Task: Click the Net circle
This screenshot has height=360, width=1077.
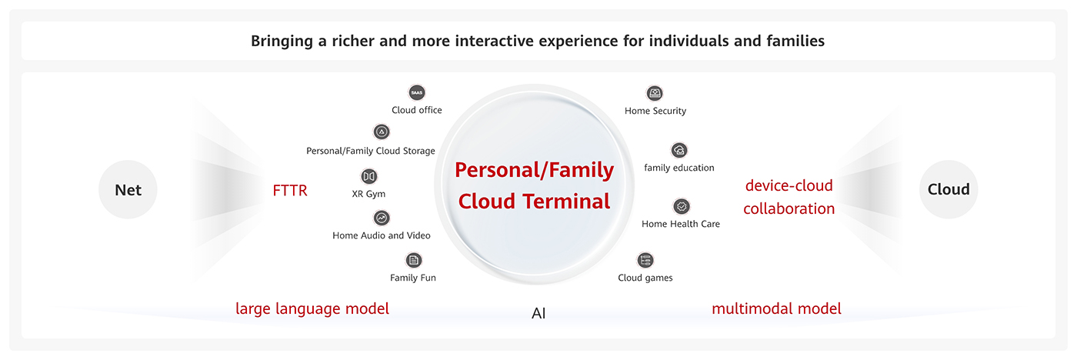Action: (x=128, y=189)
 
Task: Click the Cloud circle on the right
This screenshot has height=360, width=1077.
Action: (x=948, y=189)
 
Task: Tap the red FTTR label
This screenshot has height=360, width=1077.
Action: (x=290, y=190)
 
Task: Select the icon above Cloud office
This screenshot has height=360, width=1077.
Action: (x=417, y=92)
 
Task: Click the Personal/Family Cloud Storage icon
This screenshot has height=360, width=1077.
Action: (x=382, y=132)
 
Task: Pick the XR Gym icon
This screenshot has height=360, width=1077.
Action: (x=368, y=176)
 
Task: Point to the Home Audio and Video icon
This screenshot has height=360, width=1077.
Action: (x=382, y=218)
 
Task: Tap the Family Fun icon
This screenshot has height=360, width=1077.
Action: (x=414, y=260)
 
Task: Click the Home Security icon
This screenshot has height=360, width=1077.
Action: (x=655, y=93)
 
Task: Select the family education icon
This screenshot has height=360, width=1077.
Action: (x=679, y=151)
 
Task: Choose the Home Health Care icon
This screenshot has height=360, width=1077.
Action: (x=682, y=207)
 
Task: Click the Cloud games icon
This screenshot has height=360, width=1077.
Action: (x=645, y=260)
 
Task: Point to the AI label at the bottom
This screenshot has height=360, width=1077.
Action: (x=538, y=313)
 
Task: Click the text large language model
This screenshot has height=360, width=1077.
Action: (x=312, y=308)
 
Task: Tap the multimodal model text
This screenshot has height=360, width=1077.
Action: (x=776, y=308)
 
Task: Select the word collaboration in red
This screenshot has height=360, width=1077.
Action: (x=789, y=208)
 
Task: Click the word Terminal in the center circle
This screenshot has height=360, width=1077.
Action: (x=567, y=201)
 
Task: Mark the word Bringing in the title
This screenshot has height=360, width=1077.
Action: (x=282, y=42)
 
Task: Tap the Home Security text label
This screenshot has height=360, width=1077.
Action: (x=655, y=111)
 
